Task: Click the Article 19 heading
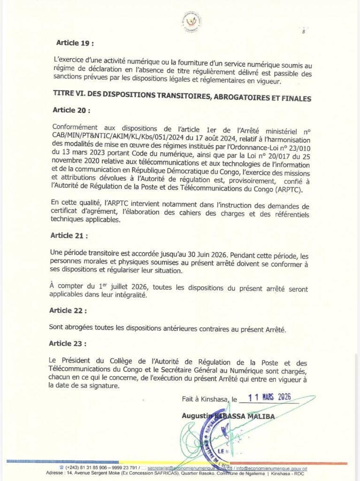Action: pos(75,43)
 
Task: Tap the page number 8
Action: pos(304,32)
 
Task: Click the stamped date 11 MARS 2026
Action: pos(269,397)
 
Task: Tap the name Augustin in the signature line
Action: pos(197,416)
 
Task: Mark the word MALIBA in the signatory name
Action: pos(263,416)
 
